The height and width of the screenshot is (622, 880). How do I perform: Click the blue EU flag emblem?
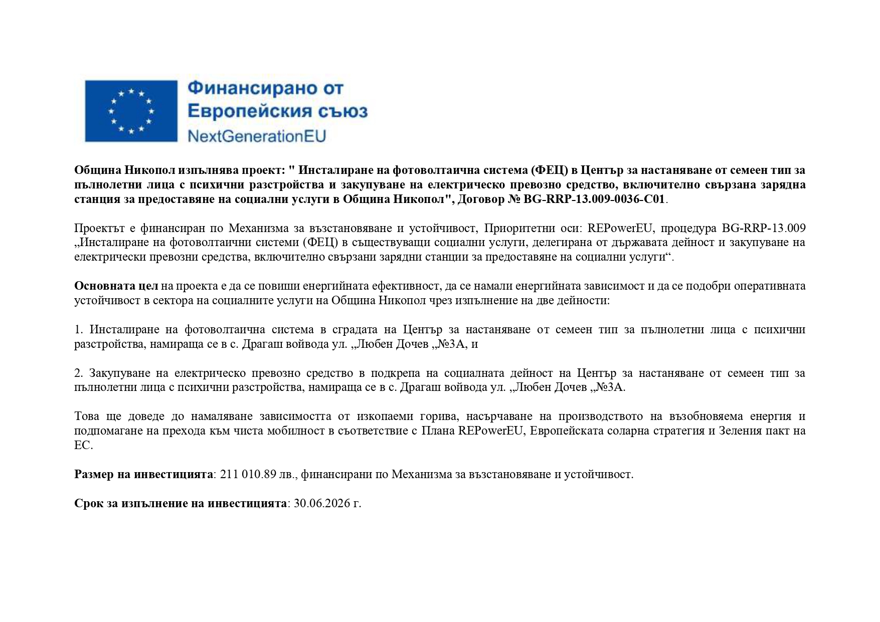coord(131,111)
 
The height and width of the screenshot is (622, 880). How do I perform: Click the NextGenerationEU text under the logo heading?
coord(256,136)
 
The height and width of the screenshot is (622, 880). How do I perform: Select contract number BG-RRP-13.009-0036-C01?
coord(594,199)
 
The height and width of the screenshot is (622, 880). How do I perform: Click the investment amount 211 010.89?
coord(248,474)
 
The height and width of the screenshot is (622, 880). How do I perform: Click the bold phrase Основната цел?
coord(116,286)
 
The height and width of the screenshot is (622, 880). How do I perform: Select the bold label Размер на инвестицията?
coord(143,474)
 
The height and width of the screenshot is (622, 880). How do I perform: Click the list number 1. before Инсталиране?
coord(79,330)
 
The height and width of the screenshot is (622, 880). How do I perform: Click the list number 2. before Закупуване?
coord(79,373)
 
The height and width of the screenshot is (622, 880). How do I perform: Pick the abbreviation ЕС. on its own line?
coord(83,445)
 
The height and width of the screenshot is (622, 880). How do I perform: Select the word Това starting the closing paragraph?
coord(87,417)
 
